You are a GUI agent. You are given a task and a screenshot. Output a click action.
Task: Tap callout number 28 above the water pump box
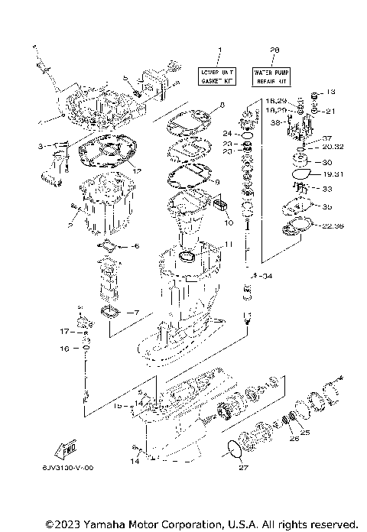[x=274, y=51]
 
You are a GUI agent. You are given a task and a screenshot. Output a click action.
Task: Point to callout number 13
[x=330, y=92]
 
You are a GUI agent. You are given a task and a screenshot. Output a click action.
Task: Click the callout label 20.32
[x=333, y=147]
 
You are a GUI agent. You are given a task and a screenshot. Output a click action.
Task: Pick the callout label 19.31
[x=333, y=175]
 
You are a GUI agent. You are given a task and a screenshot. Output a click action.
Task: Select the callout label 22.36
[x=333, y=225]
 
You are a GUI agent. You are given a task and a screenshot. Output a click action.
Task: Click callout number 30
[x=328, y=162]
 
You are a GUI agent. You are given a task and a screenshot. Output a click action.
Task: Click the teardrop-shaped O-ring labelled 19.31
[x=303, y=175]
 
